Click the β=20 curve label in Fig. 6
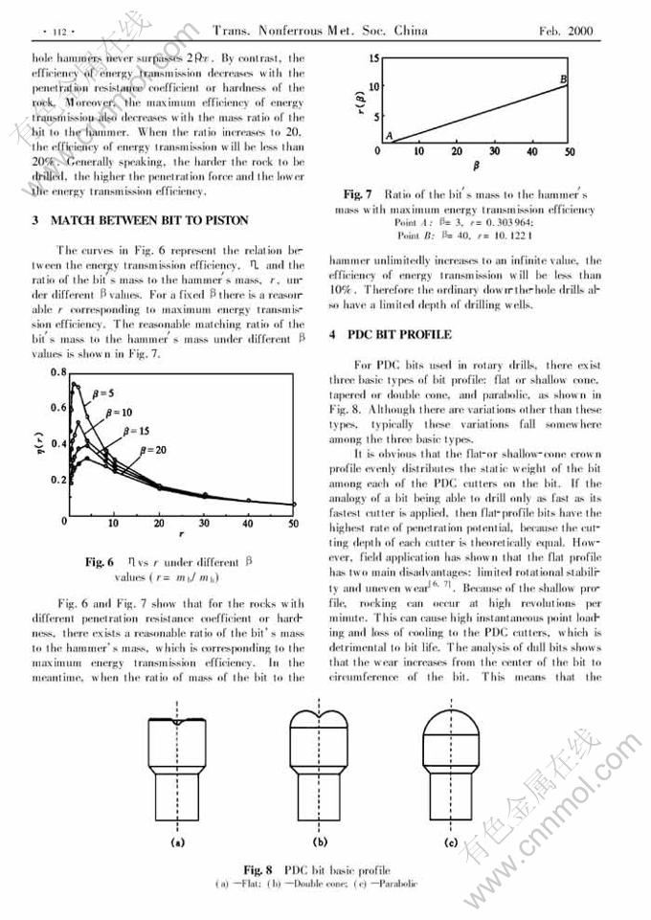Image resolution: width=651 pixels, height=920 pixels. tap(154, 449)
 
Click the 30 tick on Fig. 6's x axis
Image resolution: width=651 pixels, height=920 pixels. tap(203, 525)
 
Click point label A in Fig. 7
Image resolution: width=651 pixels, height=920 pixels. tap(389, 135)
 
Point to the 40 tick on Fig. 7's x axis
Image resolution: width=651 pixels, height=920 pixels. tap(532, 151)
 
